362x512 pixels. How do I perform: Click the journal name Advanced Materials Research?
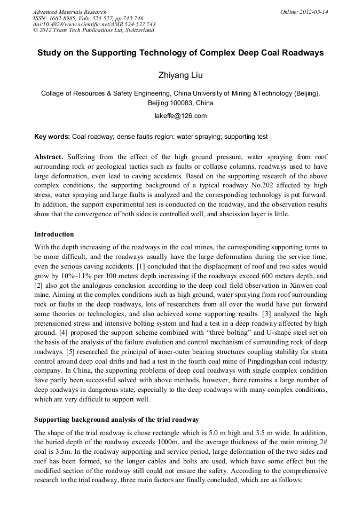[x=69, y=12]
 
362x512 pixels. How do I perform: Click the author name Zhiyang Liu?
[x=180, y=76]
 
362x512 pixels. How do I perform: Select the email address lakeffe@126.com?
[x=180, y=115]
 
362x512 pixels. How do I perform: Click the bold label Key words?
[x=52, y=137]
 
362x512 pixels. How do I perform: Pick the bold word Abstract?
[x=49, y=157]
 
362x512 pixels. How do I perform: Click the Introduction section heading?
[x=54, y=234]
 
